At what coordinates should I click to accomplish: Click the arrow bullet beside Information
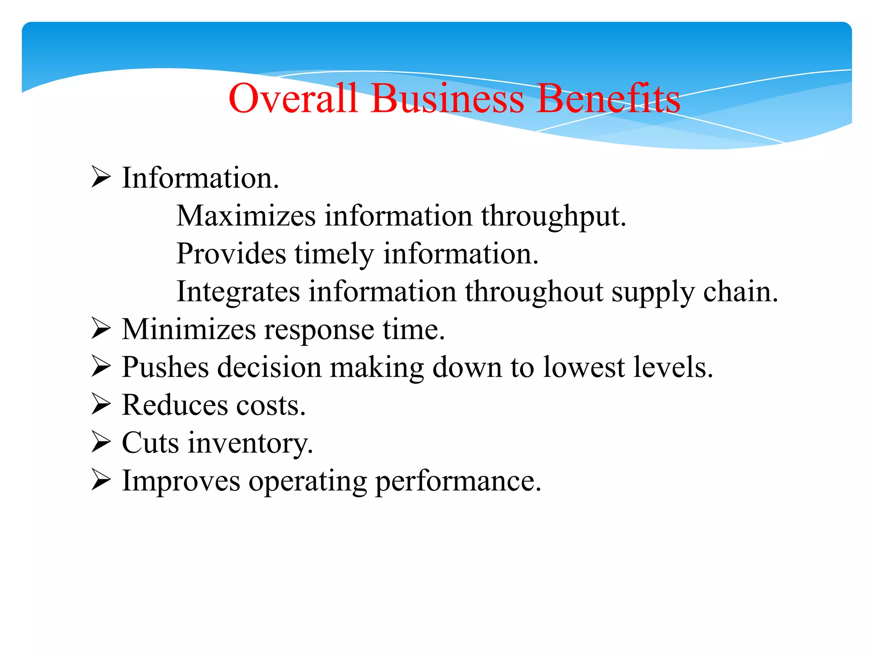point(101,177)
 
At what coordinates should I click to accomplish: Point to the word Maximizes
point(246,216)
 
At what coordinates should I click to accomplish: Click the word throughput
point(553,217)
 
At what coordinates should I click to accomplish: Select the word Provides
point(231,254)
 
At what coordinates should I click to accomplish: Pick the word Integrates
point(238,293)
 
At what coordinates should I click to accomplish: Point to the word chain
point(740,292)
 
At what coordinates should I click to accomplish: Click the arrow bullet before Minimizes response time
point(101,329)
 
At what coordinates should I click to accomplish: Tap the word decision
point(269,367)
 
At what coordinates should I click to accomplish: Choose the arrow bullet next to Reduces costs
point(101,405)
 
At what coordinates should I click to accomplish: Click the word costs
point(271,405)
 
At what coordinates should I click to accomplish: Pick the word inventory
point(251,443)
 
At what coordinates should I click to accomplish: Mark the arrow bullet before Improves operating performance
point(101,481)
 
